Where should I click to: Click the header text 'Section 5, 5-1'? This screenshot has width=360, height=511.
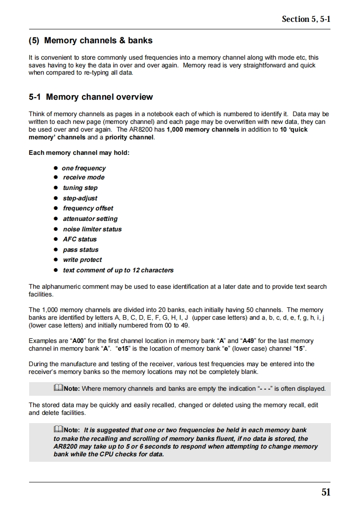coord(306,19)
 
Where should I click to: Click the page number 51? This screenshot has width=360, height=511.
coord(326,492)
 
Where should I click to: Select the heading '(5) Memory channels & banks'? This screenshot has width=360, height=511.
coord(90,41)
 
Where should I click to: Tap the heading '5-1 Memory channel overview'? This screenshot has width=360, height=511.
coord(91,97)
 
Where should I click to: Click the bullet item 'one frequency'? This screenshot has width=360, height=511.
coord(84,168)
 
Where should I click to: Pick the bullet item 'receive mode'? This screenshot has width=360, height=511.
coord(84,178)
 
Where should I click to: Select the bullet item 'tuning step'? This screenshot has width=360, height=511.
coord(80,188)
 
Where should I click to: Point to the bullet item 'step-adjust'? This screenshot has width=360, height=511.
coord(80,198)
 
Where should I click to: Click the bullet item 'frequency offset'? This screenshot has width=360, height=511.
coord(88,208)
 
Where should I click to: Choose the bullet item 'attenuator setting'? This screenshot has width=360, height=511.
coord(90,219)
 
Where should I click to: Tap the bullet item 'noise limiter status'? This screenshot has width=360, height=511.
coord(92,229)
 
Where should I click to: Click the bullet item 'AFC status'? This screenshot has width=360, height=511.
coord(80,239)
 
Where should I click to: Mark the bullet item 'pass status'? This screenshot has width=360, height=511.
coord(81,250)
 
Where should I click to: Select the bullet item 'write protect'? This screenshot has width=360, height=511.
coord(82,260)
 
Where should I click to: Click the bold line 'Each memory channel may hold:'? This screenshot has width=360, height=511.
coord(79,153)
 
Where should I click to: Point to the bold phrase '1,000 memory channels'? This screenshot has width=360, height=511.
coord(203,129)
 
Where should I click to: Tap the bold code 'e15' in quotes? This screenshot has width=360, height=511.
coord(122,349)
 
